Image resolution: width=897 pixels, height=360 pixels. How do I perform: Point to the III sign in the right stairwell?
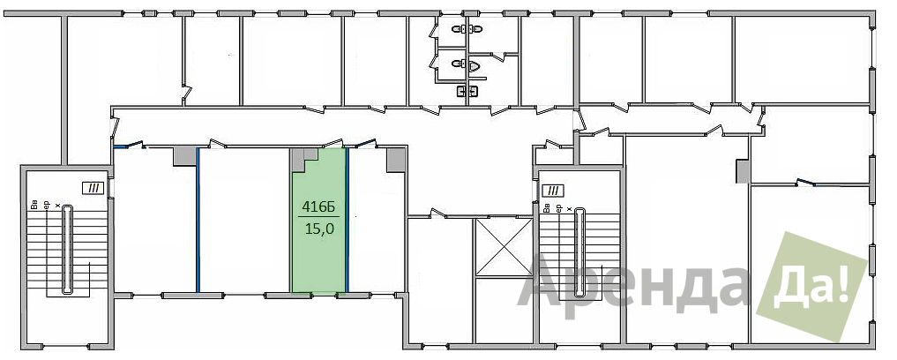tap(553, 190)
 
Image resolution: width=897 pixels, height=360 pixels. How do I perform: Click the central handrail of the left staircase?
tap(67, 250)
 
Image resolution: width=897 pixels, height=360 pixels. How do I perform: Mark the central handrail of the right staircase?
tap(581, 253)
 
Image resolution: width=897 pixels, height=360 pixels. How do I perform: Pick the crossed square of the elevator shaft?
tap(504, 246)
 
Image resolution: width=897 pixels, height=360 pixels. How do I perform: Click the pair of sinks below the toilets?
tap(467, 91)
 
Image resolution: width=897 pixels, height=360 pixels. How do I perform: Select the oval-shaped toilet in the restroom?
tap(473, 66)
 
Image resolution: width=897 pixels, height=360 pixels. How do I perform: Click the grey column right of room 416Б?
tap(396, 160)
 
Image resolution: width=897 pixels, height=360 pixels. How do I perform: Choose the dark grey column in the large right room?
tap(742, 170)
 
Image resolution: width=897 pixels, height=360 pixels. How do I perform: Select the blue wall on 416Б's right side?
tap(348, 220)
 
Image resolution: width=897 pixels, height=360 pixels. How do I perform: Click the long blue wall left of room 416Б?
tap(198, 220)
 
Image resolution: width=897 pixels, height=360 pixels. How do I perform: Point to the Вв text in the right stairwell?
tap(548, 208)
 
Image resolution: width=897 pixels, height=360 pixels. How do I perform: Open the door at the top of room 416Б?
tap(333, 143)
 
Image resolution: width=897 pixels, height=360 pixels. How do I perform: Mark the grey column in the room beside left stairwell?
tap(184, 156)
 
